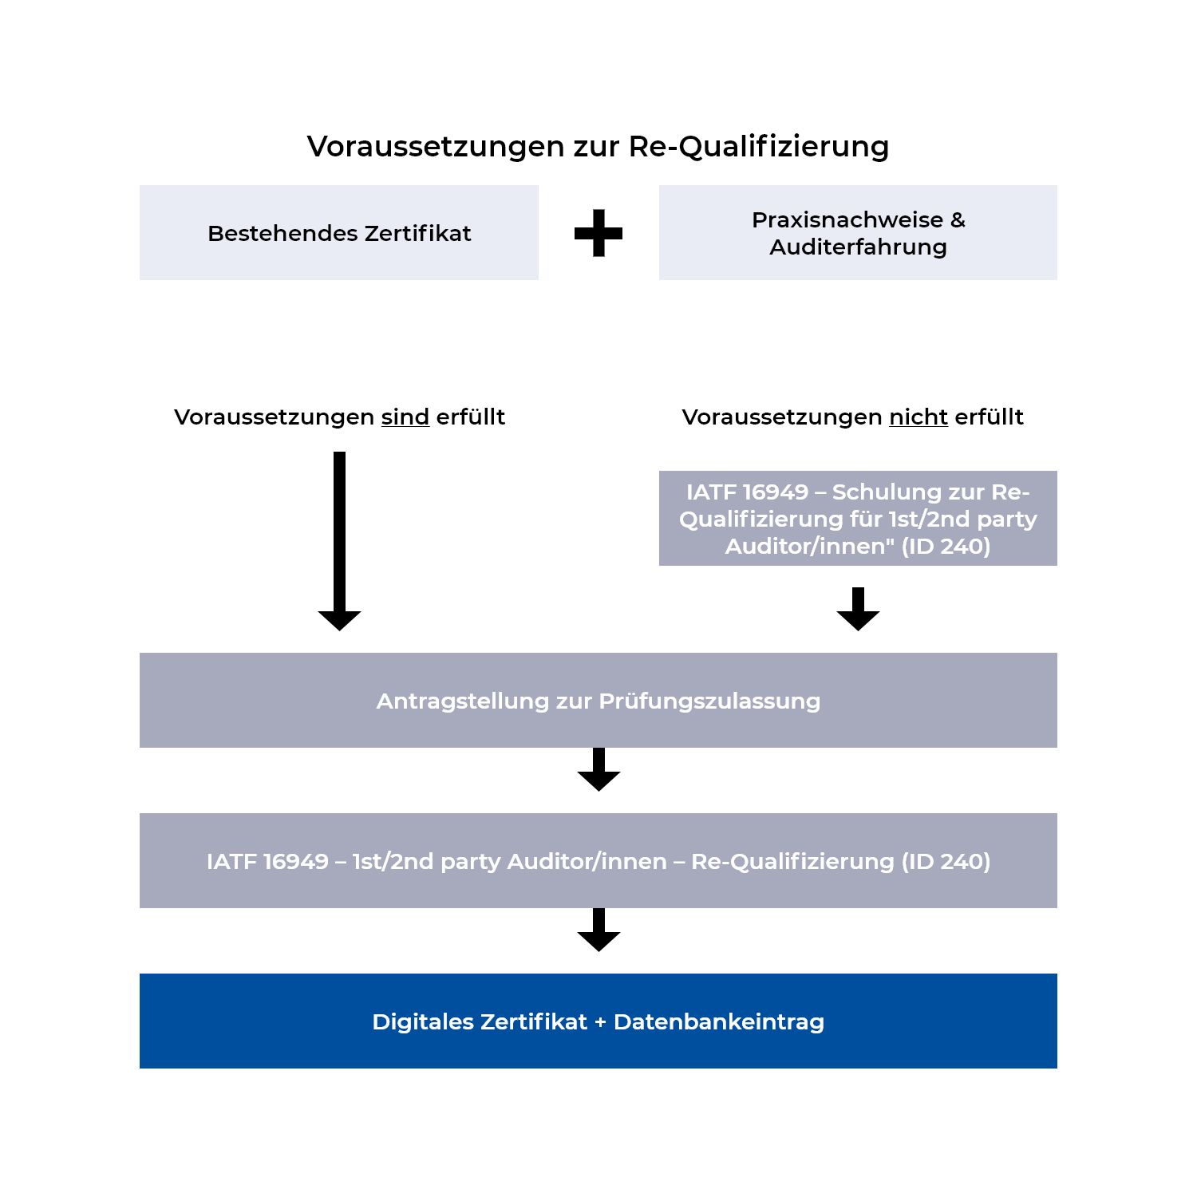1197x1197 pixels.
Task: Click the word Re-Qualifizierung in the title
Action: pyautogui.click(x=758, y=147)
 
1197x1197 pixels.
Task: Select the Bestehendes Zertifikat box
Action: pyautogui.click(x=339, y=233)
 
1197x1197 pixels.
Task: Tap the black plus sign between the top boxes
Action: pyautogui.click(x=598, y=233)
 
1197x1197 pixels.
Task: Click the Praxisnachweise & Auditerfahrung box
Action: pyautogui.click(x=858, y=233)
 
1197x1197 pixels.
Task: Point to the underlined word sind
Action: pyautogui.click(x=405, y=417)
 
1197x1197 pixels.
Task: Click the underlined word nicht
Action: pyautogui.click(x=918, y=417)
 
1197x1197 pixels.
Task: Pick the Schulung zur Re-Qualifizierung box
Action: pyautogui.click(x=858, y=519)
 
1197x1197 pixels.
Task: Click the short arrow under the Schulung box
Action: pyautogui.click(x=858, y=610)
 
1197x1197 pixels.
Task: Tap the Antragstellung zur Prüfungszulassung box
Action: pyautogui.click(x=598, y=701)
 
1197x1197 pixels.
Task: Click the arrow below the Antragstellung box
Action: pyautogui.click(x=598, y=770)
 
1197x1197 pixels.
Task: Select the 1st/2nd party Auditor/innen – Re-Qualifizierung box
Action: pyautogui.click(x=598, y=861)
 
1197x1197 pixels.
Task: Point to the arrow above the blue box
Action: pyautogui.click(x=598, y=930)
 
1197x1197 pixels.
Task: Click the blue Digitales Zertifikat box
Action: pyautogui.click(x=598, y=1021)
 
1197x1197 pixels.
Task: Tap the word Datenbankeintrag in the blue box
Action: pyautogui.click(x=718, y=1022)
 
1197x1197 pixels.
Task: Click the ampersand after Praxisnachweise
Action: pyautogui.click(x=958, y=220)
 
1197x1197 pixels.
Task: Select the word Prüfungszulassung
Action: pyautogui.click(x=709, y=701)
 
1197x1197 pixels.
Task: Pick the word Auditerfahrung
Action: pyautogui.click(x=858, y=247)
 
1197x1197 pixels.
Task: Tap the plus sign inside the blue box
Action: pyautogui.click(x=600, y=1022)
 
